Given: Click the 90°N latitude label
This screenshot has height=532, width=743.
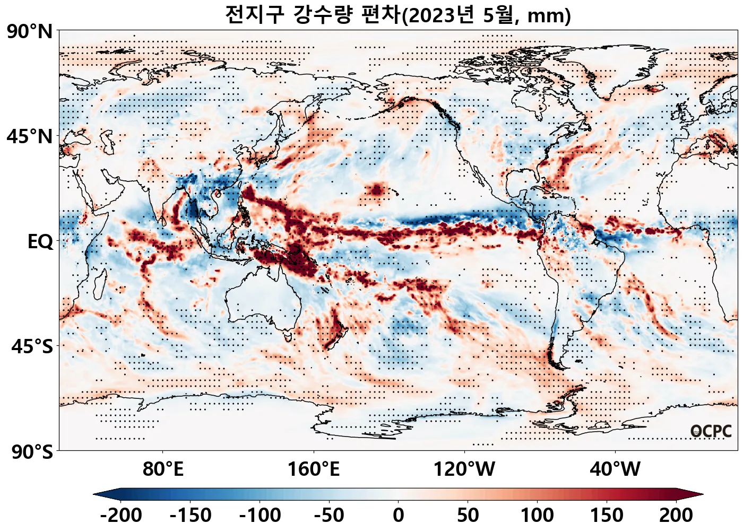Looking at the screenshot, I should click(30, 31).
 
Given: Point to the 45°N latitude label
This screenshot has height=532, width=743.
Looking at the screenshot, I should click(30, 136).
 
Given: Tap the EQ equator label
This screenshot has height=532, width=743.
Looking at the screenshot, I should click(40, 241).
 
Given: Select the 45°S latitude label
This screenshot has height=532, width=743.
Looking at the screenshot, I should click(32, 346).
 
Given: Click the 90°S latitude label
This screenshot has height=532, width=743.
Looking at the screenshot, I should click(32, 452).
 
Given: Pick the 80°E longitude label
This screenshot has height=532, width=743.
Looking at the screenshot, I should click(163, 469).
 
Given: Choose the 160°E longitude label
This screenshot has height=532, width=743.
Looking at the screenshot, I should click(313, 469).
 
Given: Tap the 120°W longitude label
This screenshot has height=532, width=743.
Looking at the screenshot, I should click(464, 469).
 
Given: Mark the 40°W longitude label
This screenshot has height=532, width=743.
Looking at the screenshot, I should click(615, 469).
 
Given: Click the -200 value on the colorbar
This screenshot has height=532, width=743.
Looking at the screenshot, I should click(120, 515).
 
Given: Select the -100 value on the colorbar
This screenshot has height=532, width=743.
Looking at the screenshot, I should click(260, 515).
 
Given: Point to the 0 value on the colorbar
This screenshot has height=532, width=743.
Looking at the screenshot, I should click(399, 515).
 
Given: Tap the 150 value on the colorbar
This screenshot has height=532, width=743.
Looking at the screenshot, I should click(607, 515).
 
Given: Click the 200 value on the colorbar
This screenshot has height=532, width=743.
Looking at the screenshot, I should click(676, 515).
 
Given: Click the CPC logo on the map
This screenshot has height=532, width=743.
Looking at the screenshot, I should click(711, 432).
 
